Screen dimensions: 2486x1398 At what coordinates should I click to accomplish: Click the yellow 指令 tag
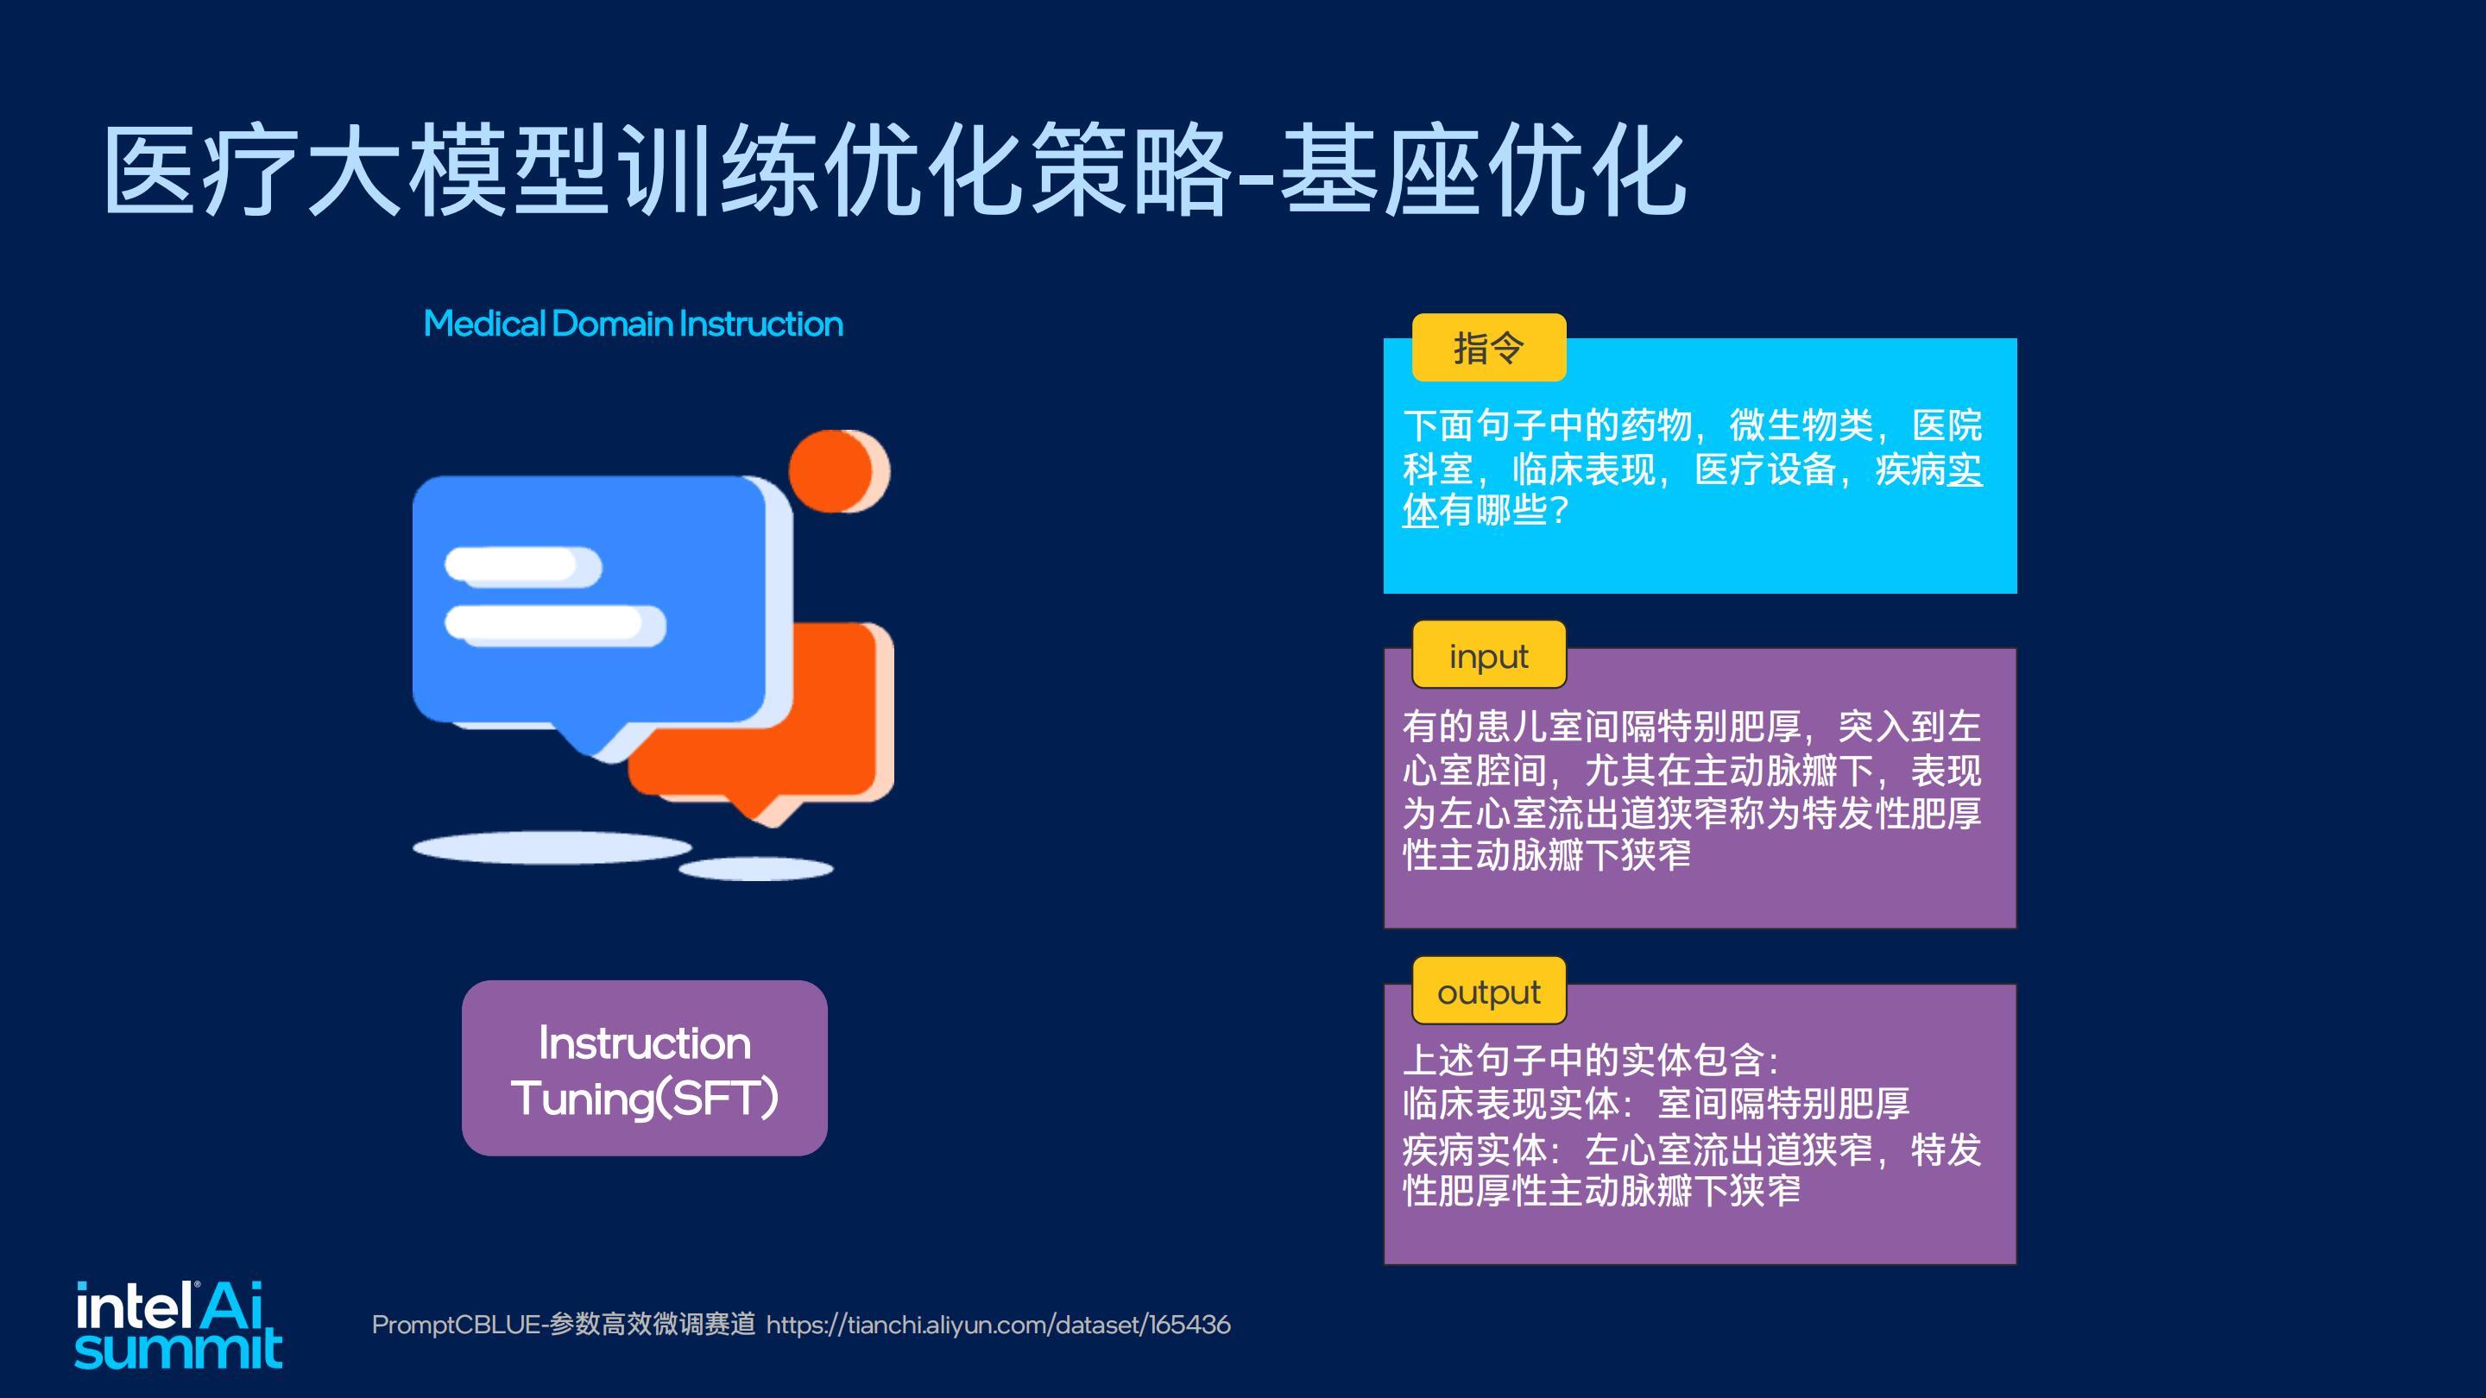[x=1488, y=347]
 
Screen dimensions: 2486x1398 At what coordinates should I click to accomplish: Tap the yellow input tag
[x=1488, y=655]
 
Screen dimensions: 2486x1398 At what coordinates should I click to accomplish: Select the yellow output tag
[x=1488, y=991]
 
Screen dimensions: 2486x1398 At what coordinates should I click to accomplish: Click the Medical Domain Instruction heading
[x=633, y=324]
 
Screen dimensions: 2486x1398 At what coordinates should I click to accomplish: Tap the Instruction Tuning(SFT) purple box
[x=645, y=1068]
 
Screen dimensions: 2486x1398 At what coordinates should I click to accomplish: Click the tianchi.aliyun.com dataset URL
[x=999, y=1325]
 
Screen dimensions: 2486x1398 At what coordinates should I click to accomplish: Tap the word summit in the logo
[x=179, y=1349]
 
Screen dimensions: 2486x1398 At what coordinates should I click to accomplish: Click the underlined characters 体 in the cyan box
[x=1420, y=510]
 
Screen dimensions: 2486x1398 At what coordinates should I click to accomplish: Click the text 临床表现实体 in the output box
[x=1511, y=1103]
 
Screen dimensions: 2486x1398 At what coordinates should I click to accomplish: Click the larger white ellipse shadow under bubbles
[x=552, y=848]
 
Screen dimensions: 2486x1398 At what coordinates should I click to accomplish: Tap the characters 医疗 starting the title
[x=201, y=172]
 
